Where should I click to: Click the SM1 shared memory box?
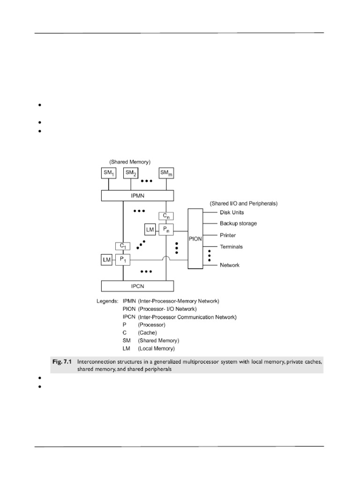[x=108, y=173]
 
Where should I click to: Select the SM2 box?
[x=131, y=173]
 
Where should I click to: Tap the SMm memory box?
[x=166, y=173]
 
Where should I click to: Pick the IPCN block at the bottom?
[x=137, y=285]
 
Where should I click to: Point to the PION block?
[x=196, y=239]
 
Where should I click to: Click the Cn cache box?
[x=166, y=216]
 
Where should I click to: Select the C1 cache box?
[x=122, y=246]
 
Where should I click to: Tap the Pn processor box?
[x=166, y=229]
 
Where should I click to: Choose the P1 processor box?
[x=123, y=259]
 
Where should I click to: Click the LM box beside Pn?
[x=150, y=229]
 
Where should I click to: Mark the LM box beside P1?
[x=106, y=259]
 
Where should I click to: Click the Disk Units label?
[x=232, y=212]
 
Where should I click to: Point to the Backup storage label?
[x=238, y=224]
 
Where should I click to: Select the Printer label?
[x=228, y=235]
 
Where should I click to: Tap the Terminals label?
[x=231, y=247]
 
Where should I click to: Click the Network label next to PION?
[x=230, y=265]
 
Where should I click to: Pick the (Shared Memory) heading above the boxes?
[x=130, y=162]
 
